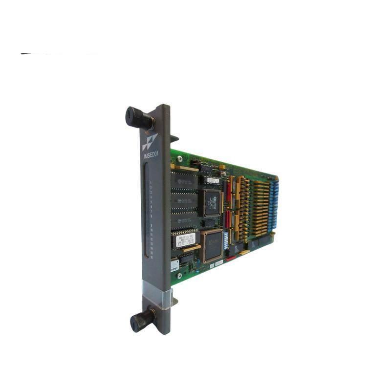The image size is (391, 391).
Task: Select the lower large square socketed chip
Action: pyautogui.click(x=211, y=245)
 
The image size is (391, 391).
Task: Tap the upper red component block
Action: pyautogui.click(x=228, y=191)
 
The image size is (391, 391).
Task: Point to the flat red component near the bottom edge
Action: pyautogui.click(x=229, y=258)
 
